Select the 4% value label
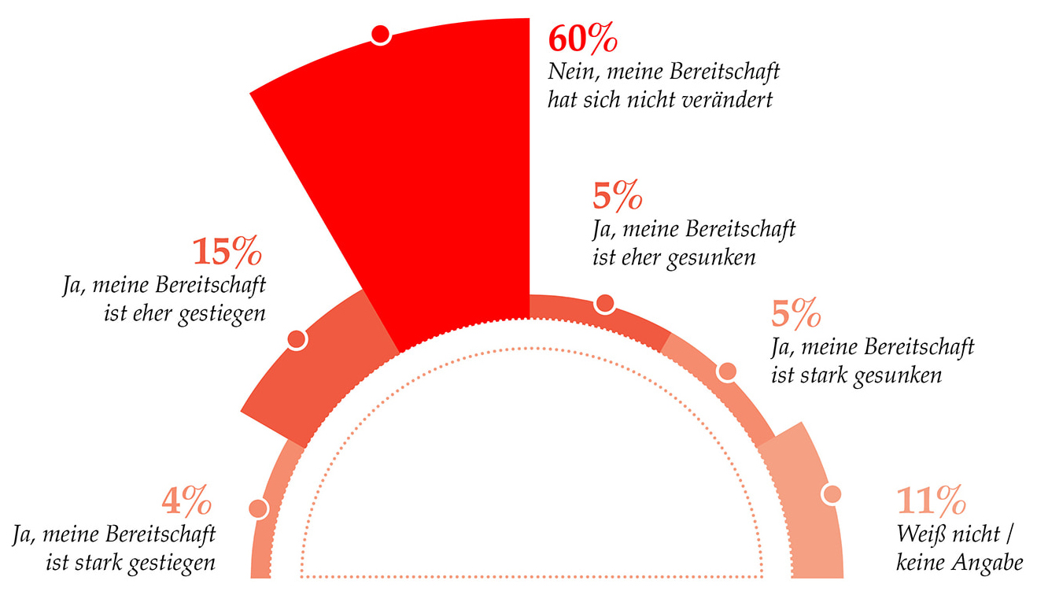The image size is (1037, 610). (187, 501)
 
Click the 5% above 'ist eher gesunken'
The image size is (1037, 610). (618, 197)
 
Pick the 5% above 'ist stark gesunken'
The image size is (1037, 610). (796, 315)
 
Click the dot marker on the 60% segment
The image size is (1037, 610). (381, 35)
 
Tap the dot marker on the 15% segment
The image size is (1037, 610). (297, 339)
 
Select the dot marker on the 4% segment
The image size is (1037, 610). (257, 509)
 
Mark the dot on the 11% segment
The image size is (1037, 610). (832, 494)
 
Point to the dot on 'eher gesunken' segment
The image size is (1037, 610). (604, 304)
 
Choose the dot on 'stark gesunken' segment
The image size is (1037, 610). (727, 372)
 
